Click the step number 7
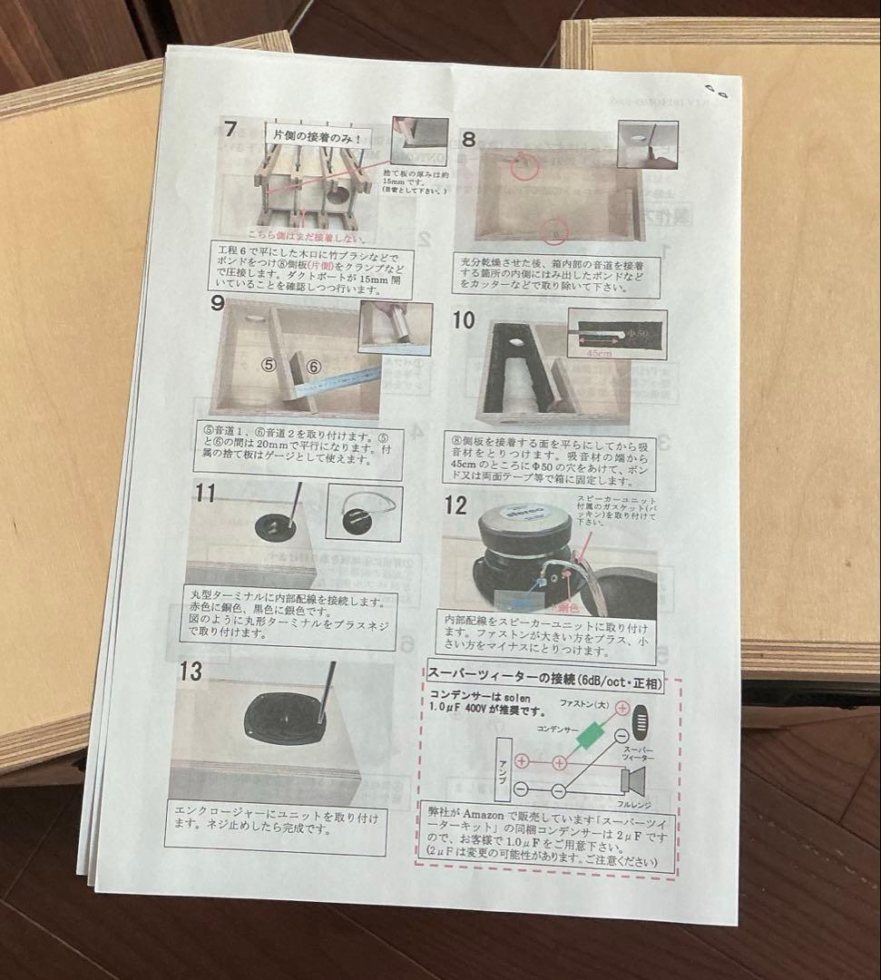click(x=231, y=130)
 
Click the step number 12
click(x=455, y=505)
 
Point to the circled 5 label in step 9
click(x=268, y=365)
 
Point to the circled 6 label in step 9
click(x=312, y=367)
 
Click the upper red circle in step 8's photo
click(x=523, y=165)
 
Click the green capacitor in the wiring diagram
click(x=590, y=734)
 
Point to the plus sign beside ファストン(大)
click(x=622, y=707)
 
